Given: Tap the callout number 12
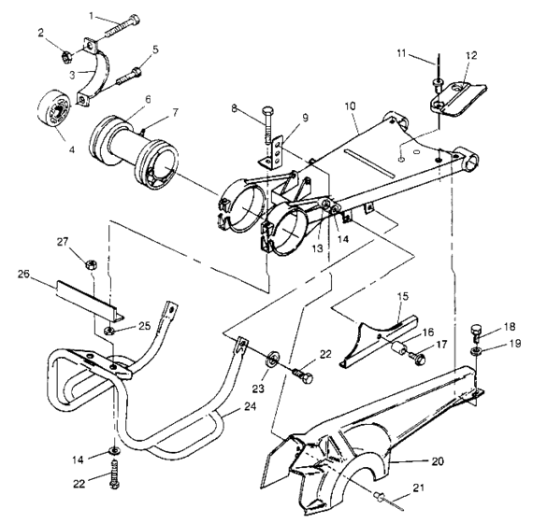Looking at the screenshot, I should (x=470, y=55).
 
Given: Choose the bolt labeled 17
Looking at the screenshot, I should (x=417, y=356).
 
